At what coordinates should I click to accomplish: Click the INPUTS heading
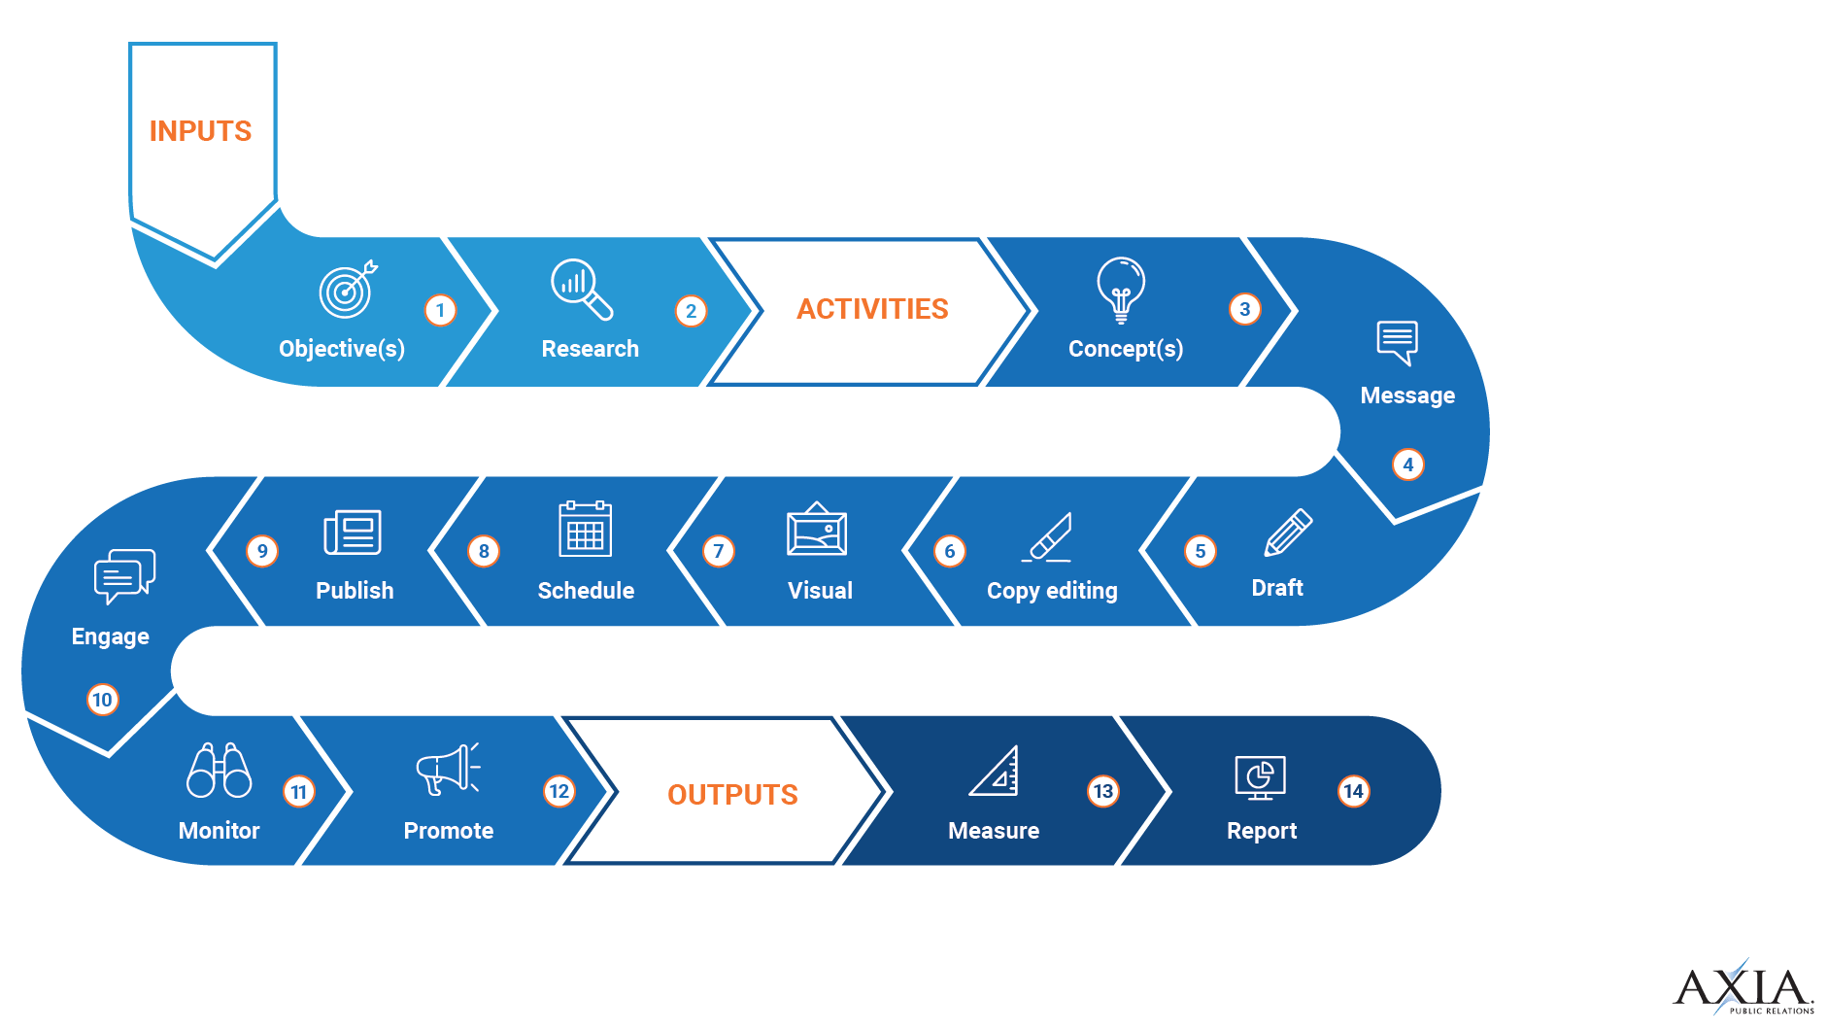tap(200, 131)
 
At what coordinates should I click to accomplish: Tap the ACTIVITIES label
tap(872, 309)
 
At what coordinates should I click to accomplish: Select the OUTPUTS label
tap(732, 795)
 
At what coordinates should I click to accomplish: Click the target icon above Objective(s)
tap(347, 290)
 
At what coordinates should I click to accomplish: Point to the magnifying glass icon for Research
tap(581, 289)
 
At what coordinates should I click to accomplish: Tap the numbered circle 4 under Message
tap(1407, 464)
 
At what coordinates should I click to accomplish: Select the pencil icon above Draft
tap(1288, 533)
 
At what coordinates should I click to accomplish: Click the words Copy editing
tap(1052, 591)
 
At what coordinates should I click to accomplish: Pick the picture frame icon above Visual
tap(817, 530)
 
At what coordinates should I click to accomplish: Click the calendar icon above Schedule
tap(585, 529)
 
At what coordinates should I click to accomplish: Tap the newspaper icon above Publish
tap(353, 532)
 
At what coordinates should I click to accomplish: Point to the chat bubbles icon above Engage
tap(123, 575)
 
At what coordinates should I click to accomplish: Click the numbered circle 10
tap(102, 700)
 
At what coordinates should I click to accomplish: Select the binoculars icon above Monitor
tap(219, 771)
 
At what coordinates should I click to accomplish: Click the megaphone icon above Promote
tap(448, 769)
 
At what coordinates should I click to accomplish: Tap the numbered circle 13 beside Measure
tap(1102, 791)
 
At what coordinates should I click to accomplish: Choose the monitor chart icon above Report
tap(1260, 777)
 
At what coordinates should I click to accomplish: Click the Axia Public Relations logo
tap(1743, 988)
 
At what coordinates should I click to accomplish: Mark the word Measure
tap(993, 831)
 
